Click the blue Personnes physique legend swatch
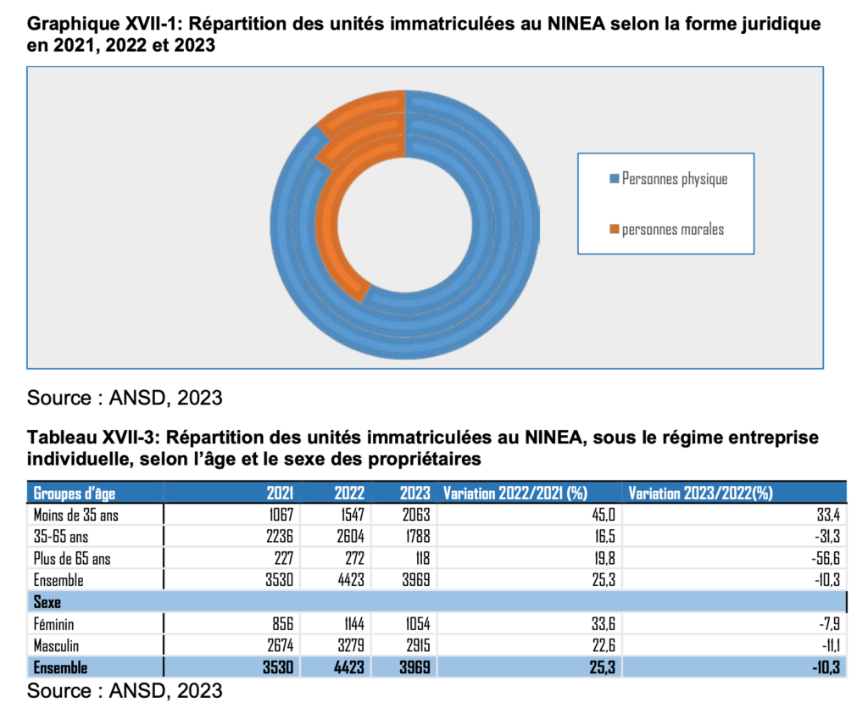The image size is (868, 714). pos(615,180)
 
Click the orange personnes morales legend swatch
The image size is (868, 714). pos(615,230)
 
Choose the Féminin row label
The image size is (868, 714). pos(56,624)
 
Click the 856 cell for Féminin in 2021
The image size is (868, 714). pos(283,624)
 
